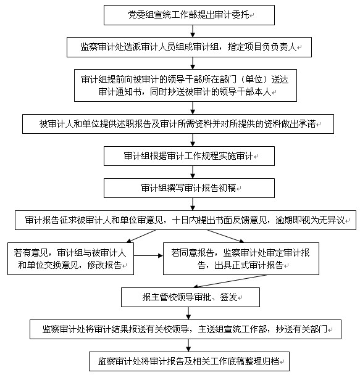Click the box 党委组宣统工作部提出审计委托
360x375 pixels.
(x=189, y=15)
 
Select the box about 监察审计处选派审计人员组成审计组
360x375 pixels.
(x=189, y=47)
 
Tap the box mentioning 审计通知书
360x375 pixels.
(x=185, y=85)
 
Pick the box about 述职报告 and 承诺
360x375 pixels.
(x=178, y=124)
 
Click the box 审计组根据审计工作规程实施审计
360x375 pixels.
(x=189, y=156)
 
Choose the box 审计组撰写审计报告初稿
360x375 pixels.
(x=189, y=188)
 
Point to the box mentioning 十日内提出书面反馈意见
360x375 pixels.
(x=185, y=220)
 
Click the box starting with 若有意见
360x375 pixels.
(x=70, y=259)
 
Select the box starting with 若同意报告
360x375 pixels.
(x=241, y=259)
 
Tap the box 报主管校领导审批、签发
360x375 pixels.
(x=191, y=297)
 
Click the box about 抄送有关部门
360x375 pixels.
(x=185, y=329)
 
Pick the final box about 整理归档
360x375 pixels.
(x=189, y=361)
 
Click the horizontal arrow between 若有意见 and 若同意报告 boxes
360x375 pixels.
(x=148, y=256)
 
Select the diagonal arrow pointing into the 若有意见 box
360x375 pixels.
(x=141, y=236)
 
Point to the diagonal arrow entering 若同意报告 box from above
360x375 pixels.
(x=226, y=236)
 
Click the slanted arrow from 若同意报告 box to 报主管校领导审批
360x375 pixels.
(x=230, y=281)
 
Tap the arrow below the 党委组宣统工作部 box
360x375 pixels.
(x=193, y=31)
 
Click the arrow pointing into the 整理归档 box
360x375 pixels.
(x=188, y=345)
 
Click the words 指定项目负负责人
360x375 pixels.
(x=262, y=47)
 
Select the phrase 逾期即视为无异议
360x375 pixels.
(x=310, y=220)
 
